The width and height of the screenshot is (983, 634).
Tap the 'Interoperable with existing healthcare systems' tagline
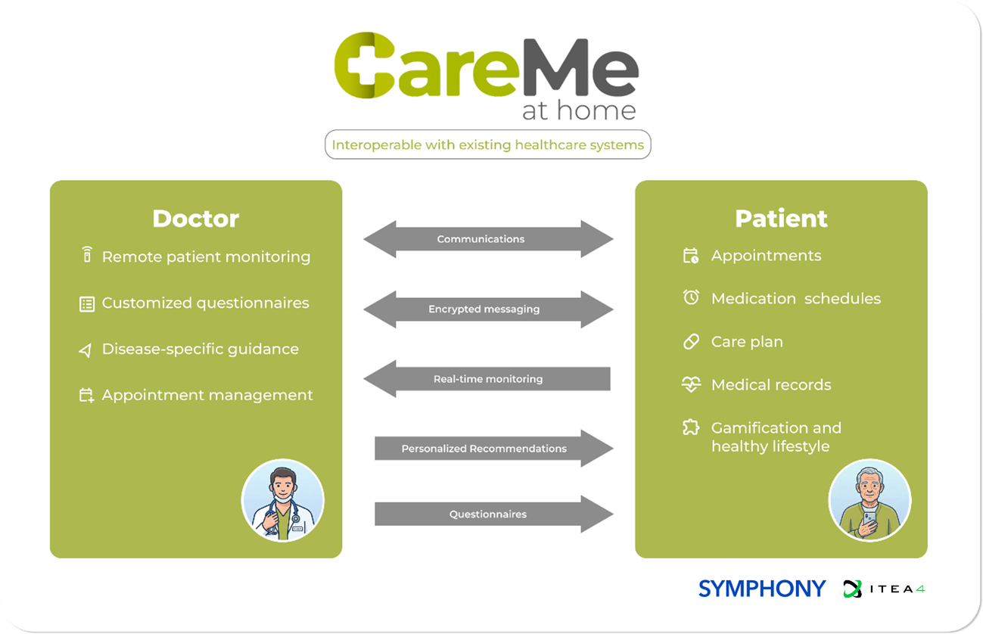pyautogui.click(x=487, y=145)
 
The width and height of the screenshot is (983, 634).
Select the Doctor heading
pyautogui.click(x=195, y=219)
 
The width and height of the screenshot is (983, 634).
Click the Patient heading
pyautogui.click(x=781, y=219)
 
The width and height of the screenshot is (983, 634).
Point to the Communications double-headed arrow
pyautogui.click(x=488, y=239)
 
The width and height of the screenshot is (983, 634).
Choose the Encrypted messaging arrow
pyautogui.click(x=488, y=309)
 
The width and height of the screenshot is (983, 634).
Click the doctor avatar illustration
pyautogui.click(x=282, y=501)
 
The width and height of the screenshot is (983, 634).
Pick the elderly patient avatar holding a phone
pyautogui.click(x=869, y=501)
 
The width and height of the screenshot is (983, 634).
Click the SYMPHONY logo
pyautogui.click(x=761, y=588)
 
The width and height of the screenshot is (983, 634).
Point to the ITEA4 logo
pyautogui.click(x=884, y=589)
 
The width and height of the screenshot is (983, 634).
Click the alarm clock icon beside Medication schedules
pyautogui.click(x=691, y=298)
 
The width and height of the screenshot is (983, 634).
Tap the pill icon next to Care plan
pyautogui.click(x=691, y=341)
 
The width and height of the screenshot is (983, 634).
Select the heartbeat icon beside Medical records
pyautogui.click(x=691, y=384)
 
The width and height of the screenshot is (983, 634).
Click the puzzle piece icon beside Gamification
pyautogui.click(x=691, y=427)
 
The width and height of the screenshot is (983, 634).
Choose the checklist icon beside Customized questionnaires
pyautogui.click(x=87, y=303)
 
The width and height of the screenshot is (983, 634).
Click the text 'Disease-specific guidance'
pyautogui.click(x=200, y=350)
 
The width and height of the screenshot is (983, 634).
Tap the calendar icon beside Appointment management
pyautogui.click(x=87, y=395)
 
